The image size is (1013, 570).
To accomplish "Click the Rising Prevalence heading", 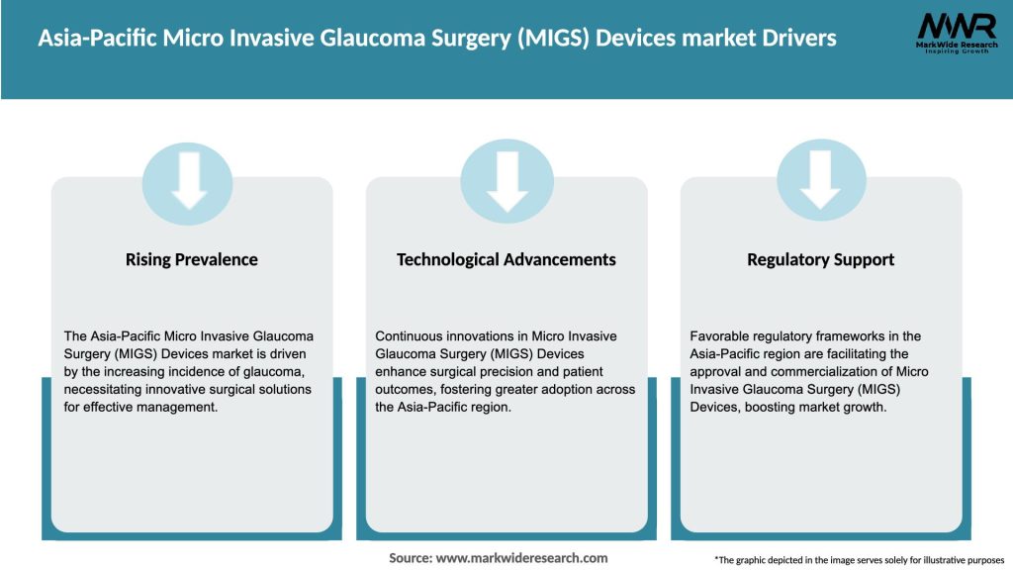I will pos(191,260).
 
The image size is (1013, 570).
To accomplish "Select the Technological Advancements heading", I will pos(506,260).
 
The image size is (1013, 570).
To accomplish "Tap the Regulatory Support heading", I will pos(820,260).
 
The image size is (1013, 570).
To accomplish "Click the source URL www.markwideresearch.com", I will pos(521,558).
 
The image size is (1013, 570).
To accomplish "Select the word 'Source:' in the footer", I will pos(411,558).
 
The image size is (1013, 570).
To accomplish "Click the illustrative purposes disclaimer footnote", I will pos(859,560).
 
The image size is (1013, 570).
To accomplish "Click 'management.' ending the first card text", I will pos(178,406).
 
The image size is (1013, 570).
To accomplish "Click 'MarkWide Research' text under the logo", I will pos(956,45).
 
